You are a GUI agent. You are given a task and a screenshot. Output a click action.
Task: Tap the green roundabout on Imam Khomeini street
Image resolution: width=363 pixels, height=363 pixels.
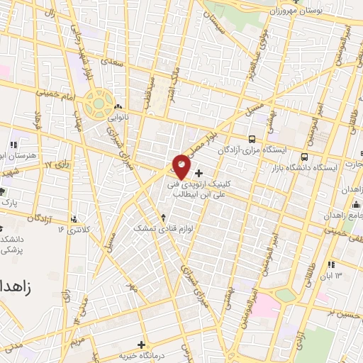[96, 104]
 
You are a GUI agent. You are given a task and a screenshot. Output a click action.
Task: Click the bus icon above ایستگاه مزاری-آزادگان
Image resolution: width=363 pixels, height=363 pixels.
[252, 139]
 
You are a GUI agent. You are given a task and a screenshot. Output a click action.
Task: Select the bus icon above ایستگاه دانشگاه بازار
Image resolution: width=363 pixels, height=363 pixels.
[304, 157]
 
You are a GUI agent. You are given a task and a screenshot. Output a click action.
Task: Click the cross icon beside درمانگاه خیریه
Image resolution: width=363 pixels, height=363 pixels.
[142, 345]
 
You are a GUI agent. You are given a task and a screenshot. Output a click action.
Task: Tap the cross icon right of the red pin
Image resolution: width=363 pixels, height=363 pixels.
[199, 173]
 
